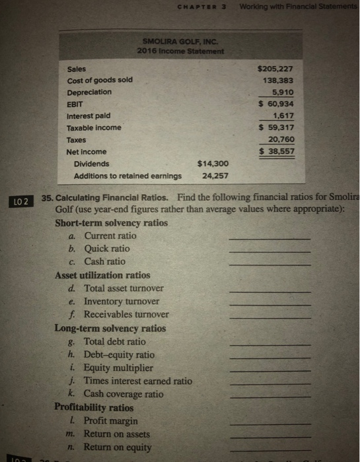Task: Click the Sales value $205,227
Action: [x=277, y=68]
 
